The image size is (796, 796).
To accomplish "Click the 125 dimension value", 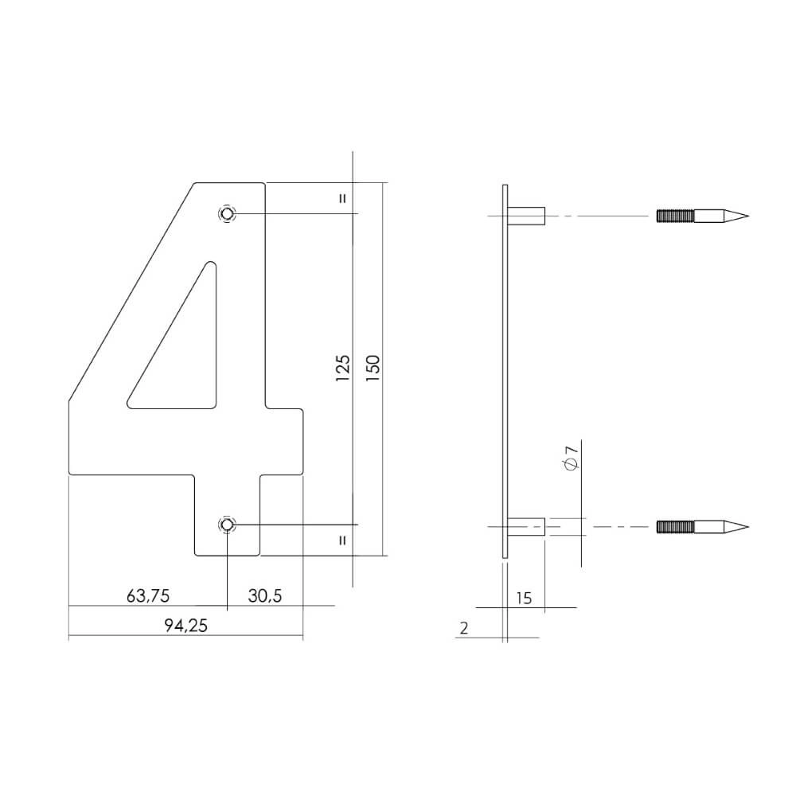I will (x=343, y=369).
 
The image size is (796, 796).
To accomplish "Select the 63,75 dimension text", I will (x=147, y=595).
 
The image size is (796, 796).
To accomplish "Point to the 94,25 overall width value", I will (x=185, y=626).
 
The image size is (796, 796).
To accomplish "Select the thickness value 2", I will (x=464, y=628).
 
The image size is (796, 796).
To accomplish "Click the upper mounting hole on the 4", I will (x=228, y=214).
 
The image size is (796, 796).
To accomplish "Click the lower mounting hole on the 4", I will (x=228, y=525).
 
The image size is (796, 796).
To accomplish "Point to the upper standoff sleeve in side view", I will (x=527, y=216).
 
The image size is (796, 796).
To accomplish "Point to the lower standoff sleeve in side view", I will (x=527, y=527).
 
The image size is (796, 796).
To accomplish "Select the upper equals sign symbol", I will (x=343, y=198).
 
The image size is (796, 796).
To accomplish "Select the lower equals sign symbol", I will (x=343, y=540).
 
